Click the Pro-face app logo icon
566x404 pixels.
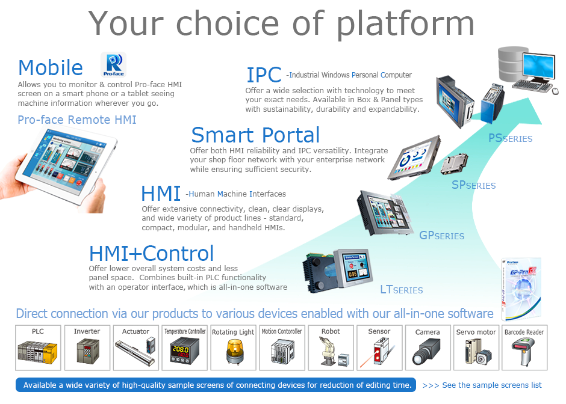pyautogui.click(x=113, y=64)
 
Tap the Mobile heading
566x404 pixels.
pyautogui.click(x=51, y=67)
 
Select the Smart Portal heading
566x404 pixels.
pyautogui.click(x=255, y=135)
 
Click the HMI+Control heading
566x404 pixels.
pyautogui.click(x=151, y=253)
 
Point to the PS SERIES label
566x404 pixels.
pyautogui.click(x=510, y=138)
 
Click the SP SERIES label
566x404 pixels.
pyautogui.click(x=474, y=185)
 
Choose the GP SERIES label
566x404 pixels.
pyautogui.click(x=441, y=235)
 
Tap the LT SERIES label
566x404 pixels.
pyautogui.click(x=402, y=289)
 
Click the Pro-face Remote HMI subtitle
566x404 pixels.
pyautogui.click(x=77, y=120)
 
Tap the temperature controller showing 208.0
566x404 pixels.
pyautogui.click(x=184, y=352)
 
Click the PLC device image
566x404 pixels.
pyautogui.click(x=37, y=352)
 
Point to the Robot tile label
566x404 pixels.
pyautogui.click(x=331, y=331)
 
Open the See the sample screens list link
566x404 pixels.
pyautogui.click(x=482, y=385)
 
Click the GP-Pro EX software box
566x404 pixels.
pyautogui.click(x=521, y=289)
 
